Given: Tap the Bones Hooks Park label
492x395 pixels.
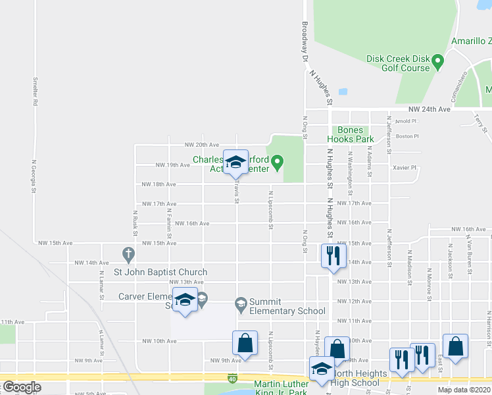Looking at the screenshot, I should (x=355, y=134).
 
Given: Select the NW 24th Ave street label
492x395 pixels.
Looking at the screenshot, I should (x=429, y=109).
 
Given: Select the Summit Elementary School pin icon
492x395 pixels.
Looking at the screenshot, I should (x=241, y=303).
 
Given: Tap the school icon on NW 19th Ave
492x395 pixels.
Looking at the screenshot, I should (x=235, y=163).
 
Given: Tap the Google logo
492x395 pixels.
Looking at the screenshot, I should (x=22, y=387).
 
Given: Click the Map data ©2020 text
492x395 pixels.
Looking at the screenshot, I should (x=464, y=390).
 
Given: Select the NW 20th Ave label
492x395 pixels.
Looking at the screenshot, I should (x=201, y=145).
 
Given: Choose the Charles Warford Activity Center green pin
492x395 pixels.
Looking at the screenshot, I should (x=277, y=160).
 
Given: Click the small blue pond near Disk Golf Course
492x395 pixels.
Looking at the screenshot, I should (x=342, y=92).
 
